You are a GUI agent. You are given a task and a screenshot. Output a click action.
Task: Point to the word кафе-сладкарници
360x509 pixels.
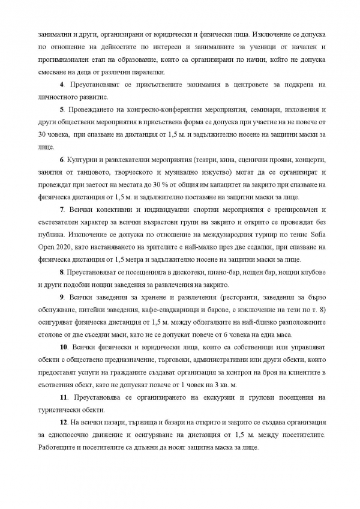(x=182, y=310)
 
